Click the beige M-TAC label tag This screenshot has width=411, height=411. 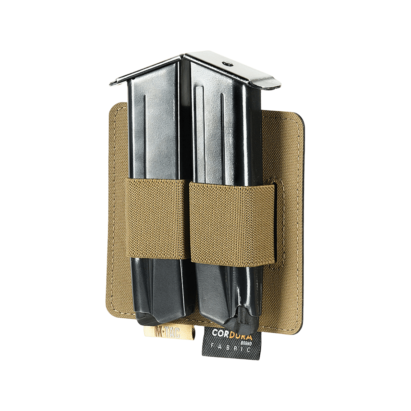coord(154,332)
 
